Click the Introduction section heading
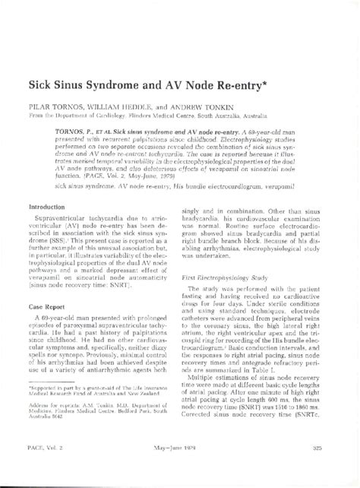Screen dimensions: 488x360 click(47, 207)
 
